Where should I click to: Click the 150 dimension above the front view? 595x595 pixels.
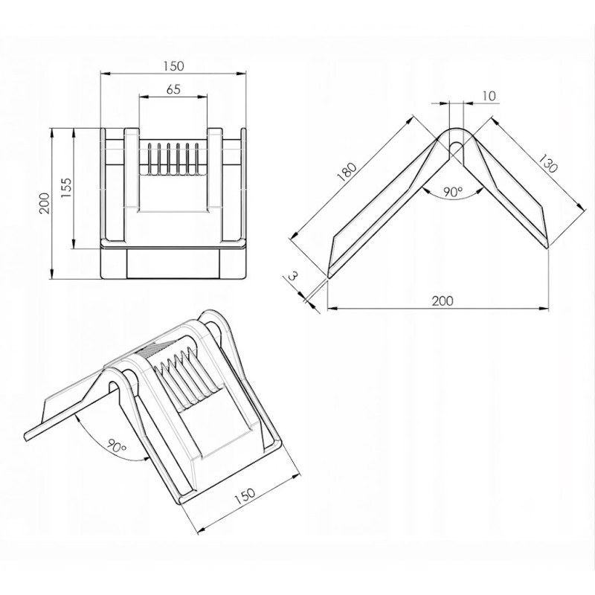[x=174, y=66]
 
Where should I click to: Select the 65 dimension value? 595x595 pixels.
[x=173, y=89]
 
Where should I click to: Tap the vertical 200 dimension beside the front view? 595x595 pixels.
[x=45, y=203]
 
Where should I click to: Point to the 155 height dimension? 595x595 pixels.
[x=66, y=188]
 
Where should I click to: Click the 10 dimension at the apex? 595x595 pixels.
[x=489, y=96]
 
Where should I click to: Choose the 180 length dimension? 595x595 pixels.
[x=347, y=173]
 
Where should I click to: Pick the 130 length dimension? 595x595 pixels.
[x=548, y=163]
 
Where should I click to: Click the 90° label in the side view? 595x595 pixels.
[x=454, y=192]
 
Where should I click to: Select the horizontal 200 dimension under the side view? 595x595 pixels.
[x=443, y=301]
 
